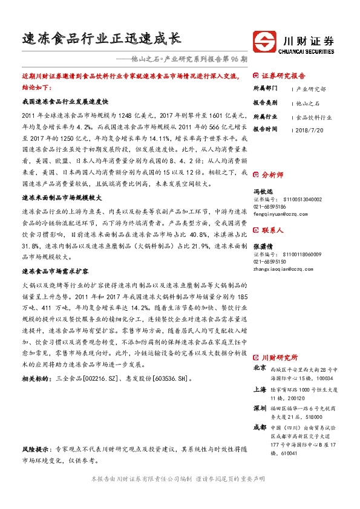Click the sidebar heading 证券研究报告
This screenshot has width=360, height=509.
pos(284,76)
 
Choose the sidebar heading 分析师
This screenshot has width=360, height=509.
pos(272,174)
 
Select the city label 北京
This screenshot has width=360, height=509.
pos(259,368)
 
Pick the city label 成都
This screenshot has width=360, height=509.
pos(259,427)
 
